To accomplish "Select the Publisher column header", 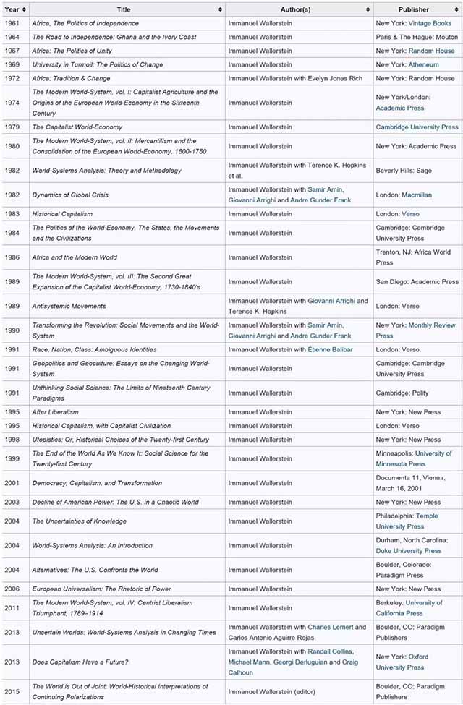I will click(x=413, y=9).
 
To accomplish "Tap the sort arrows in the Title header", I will click(x=220, y=9).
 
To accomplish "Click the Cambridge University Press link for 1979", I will click(x=417, y=127).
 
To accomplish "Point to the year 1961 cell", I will click(x=11, y=23).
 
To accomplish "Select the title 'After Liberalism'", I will click(x=55, y=411).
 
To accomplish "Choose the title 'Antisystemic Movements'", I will click(x=69, y=306).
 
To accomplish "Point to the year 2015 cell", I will click(x=11, y=691).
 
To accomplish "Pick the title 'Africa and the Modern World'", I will click(x=74, y=257).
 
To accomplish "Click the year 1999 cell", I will click(x=11, y=458).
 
